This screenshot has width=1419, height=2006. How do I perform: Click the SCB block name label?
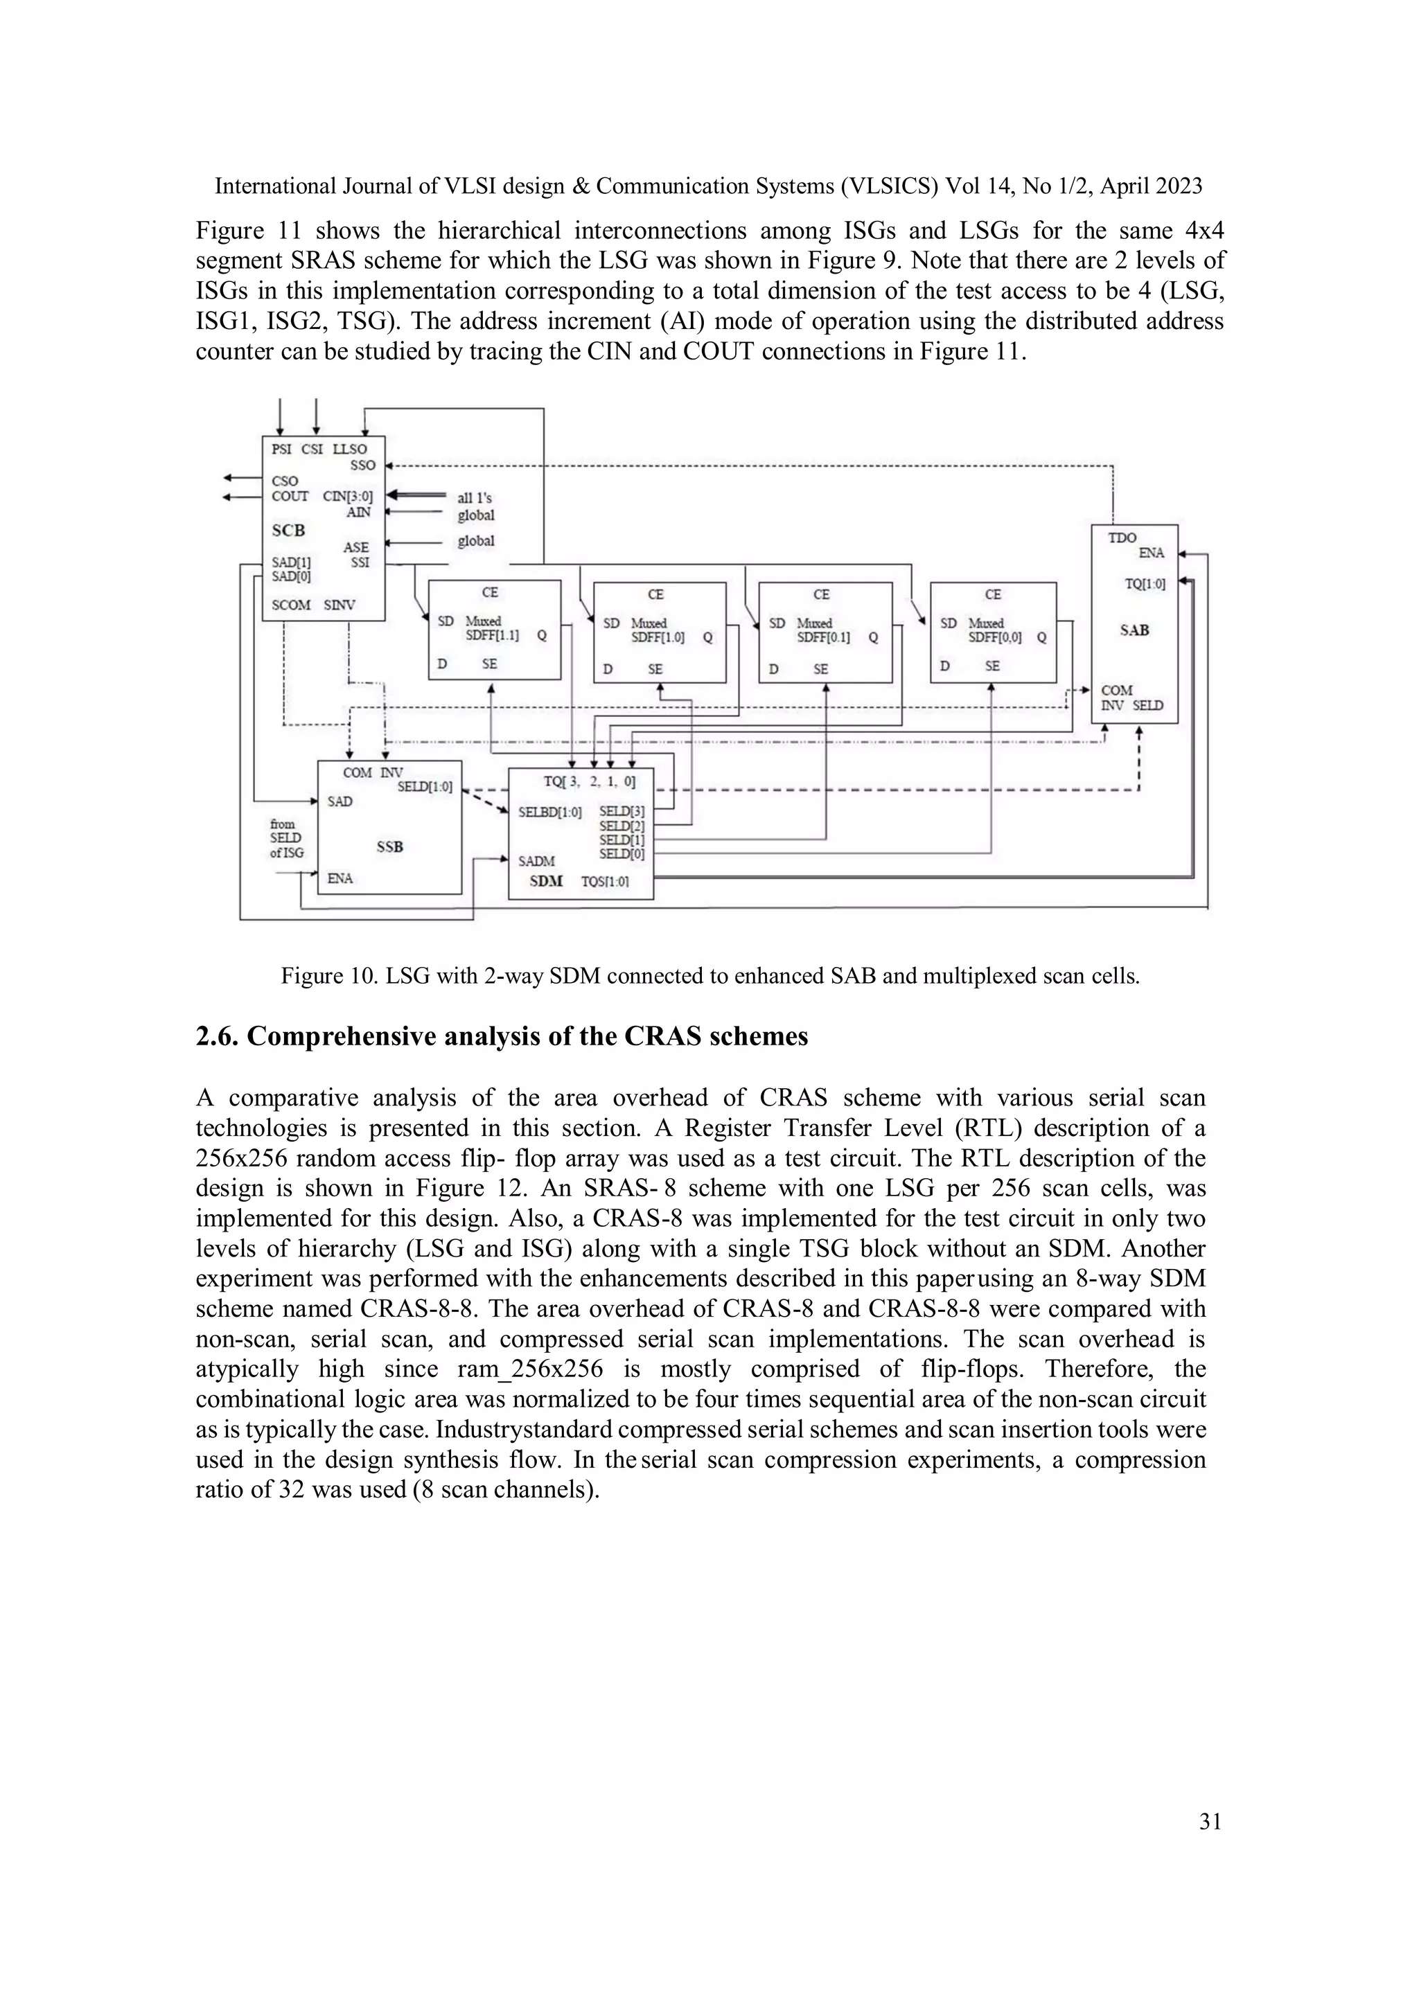288,531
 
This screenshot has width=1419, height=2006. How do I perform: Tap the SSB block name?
389,846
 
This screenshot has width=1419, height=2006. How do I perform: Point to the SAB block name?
1134,630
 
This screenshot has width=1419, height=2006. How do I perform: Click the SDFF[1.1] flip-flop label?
492,636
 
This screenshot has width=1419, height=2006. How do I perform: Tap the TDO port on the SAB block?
1122,538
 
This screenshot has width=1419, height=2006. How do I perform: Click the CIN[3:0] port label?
348,496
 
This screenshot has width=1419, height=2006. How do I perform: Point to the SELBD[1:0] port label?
549,812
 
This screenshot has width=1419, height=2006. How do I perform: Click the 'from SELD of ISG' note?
285,838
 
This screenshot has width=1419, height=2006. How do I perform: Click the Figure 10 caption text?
709,976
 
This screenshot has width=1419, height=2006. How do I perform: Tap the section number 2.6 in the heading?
218,1036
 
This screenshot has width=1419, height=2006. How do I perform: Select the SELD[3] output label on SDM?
622,812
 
